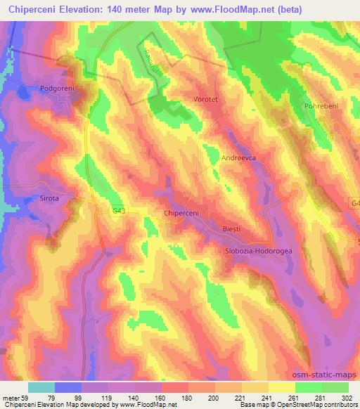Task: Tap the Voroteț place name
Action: click(206, 100)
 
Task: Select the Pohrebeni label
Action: click(321, 105)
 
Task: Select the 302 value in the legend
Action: click(348, 396)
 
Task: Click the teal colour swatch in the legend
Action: click(41, 387)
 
